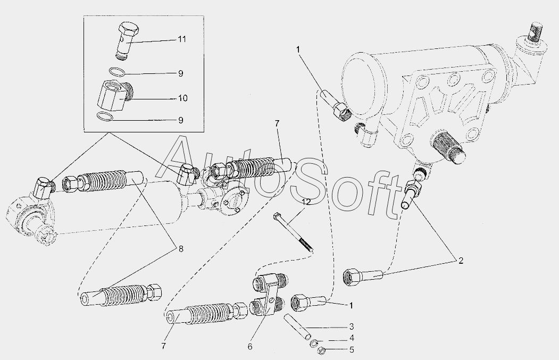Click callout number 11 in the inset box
click(182, 39)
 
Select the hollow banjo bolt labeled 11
click(127, 40)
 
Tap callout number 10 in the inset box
click(182, 98)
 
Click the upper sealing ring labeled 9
click(117, 72)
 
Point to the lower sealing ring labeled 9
click(105, 116)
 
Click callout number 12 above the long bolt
click(306, 202)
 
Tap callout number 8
click(181, 249)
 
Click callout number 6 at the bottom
click(249, 347)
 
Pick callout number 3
click(352, 326)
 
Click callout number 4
click(352, 338)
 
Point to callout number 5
click(352, 350)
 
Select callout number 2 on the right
click(461, 261)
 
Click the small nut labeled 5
click(320, 350)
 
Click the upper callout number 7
click(277, 124)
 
